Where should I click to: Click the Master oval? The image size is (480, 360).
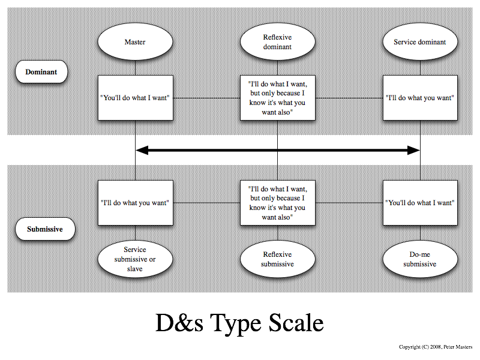coord(135,41)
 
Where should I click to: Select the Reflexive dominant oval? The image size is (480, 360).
coord(277,41)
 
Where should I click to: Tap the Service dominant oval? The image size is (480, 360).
coord(420,41)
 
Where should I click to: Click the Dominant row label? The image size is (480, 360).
coord(41,71)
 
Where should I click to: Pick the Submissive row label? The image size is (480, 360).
coord(45,229)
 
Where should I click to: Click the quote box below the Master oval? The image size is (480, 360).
coord(136,98)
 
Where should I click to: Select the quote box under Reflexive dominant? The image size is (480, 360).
coord(278,98)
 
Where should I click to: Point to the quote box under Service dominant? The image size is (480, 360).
coord(420,98)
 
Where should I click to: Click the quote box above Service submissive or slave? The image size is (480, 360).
coord(136,203)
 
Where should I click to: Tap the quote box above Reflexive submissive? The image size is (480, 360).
coord(278,203)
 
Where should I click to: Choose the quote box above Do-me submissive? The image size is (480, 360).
coord(420,203)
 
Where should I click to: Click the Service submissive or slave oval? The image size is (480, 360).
coord(135,259)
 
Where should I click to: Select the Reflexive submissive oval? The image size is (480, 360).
coord(277,259)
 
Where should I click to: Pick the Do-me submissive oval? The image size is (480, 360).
coord(420,259)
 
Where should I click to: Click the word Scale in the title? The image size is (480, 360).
coord(296,323)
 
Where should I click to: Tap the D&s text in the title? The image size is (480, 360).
coord(179,323)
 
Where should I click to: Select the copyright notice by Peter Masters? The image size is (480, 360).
coord(436,347)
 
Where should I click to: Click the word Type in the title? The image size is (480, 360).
coord(236,325)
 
